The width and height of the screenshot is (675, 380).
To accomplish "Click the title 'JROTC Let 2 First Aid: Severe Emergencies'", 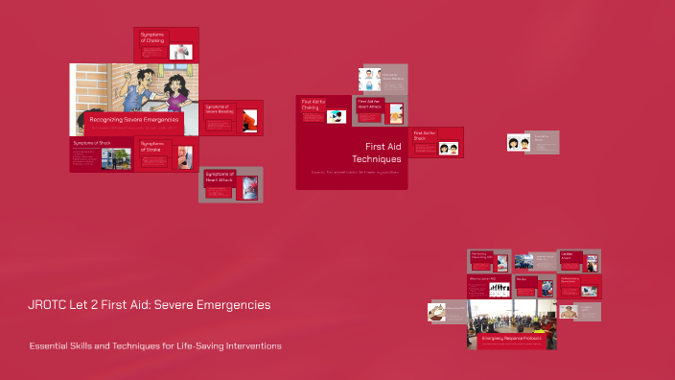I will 149,305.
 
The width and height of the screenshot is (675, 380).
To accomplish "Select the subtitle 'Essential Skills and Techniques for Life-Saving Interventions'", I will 155,345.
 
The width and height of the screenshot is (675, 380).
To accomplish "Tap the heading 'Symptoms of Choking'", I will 152,38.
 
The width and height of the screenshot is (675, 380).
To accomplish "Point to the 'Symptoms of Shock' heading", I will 92,143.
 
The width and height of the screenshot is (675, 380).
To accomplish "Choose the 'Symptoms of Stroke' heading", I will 153,146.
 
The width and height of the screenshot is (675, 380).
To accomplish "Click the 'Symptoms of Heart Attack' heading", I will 221,177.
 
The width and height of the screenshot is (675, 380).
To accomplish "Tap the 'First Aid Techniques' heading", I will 373,152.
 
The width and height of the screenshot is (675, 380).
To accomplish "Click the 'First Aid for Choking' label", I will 312,104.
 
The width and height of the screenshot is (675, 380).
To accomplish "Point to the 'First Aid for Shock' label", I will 425,135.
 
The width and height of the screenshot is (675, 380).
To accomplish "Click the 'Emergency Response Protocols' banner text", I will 511,339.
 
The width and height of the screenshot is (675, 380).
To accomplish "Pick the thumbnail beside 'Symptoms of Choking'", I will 180,52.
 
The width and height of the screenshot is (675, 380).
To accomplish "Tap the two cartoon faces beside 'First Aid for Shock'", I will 448,148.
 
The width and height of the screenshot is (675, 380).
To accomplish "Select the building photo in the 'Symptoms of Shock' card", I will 122,159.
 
